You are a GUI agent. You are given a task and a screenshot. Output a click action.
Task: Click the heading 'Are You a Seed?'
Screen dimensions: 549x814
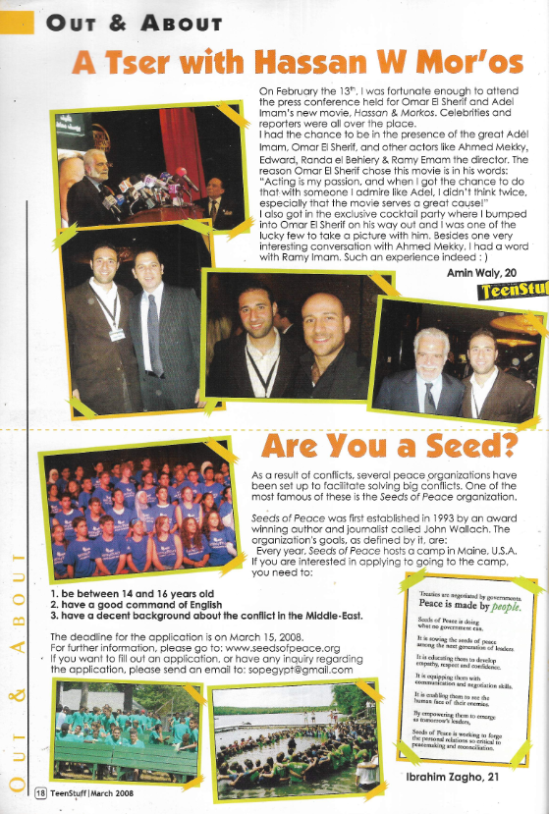tap(388, 447)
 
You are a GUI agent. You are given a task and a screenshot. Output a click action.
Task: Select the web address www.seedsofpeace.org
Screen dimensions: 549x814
tap(282, 649)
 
